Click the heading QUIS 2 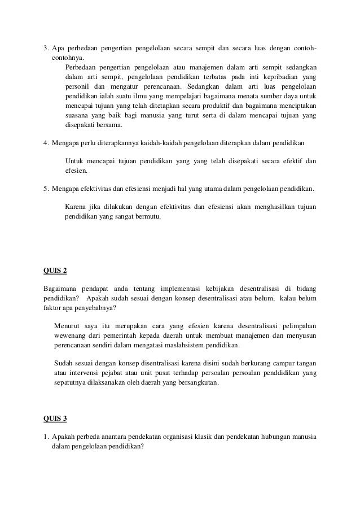click(x=55, y=271)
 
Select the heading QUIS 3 click(x=55, y=419)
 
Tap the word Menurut click(x=68, y=325)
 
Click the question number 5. click(x=46, y=188)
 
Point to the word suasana click(x=78, y=116)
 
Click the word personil click(x=78, y=86)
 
